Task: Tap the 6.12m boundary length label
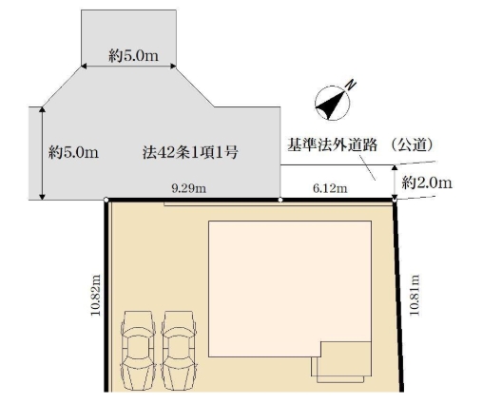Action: click(330, 190)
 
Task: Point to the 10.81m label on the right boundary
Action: click(413, 296)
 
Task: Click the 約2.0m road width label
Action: click(426, 182)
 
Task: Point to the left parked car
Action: click(138, 347)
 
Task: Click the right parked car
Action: click(180, 347)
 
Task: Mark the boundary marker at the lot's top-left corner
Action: click(105, 200)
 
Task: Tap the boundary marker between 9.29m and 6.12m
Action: click(280, 200)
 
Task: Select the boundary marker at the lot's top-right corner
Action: click(395, 200)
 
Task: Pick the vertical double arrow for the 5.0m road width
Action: click(42, 152)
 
